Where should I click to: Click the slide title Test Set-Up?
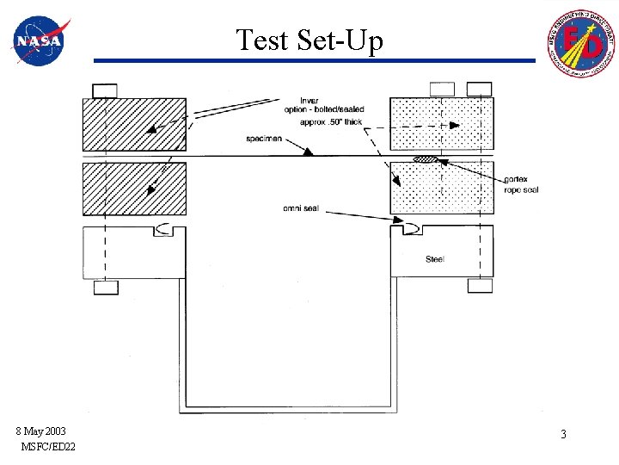tap(309, 40)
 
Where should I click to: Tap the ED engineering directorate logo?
tap(579, 42)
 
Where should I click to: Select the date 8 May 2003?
tap(40, 431)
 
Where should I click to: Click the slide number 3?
tap(563, 435)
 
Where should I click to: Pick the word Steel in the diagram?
tap(435, 259)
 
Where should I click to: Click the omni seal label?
tap(301, 208)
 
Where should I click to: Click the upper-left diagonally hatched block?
tap(134, 124)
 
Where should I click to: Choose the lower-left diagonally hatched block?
tap(134, 189)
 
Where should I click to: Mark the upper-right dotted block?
tap(442, 124)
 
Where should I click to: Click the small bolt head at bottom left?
tap(106, 288)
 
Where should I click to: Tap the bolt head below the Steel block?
tap(479, 286)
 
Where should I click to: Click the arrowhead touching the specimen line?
tap(309, 152)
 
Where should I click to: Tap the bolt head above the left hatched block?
tap(105, 90)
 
